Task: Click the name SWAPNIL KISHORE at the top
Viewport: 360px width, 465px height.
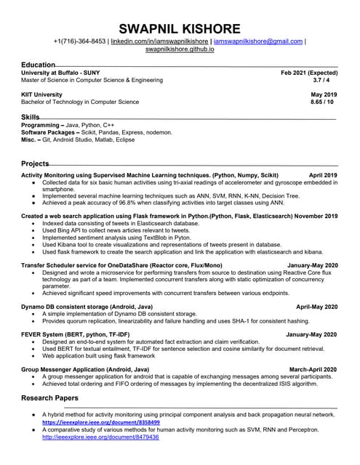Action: [x=180, y=28]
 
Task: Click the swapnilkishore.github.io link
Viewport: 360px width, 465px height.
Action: [x=180, y=49]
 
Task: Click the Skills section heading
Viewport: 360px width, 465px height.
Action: [x=31, y=116]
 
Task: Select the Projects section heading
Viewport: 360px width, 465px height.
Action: [x=35, y=163]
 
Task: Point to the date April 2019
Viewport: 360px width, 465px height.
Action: [x=323, y=176]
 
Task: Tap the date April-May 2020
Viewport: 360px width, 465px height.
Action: [x=316, y=307]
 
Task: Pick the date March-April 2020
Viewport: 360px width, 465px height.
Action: [x=313, y=369]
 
